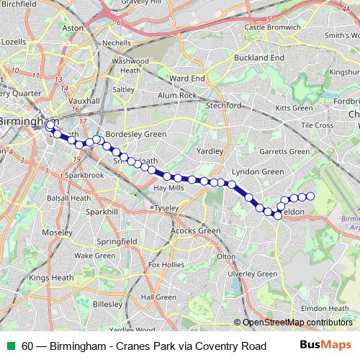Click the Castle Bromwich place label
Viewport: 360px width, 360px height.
271,27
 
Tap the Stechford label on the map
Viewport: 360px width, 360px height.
223,105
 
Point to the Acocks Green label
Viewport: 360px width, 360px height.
195,230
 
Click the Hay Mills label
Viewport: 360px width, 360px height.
170,188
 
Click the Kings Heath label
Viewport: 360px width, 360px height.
48,277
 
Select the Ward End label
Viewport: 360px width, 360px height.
189,78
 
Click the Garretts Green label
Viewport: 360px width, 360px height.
285,152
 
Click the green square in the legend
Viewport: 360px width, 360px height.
11,346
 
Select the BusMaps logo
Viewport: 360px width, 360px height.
326,346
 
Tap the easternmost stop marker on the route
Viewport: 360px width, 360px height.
311,196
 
